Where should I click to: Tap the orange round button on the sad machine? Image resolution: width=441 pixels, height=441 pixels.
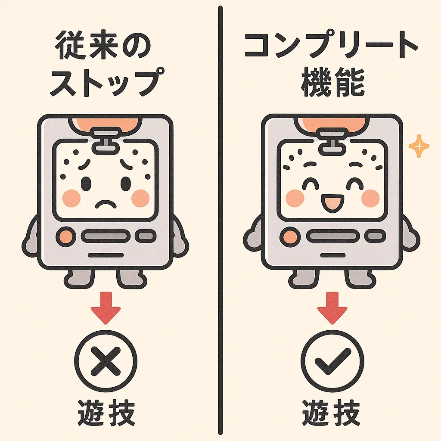(x=65, y=236)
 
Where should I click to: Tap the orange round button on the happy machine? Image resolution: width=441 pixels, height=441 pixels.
(x=289, y=236)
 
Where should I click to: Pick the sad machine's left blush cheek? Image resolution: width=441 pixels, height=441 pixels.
(x=71, y=198)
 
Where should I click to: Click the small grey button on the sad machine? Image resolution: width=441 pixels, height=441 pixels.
(x=146, y=236)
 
